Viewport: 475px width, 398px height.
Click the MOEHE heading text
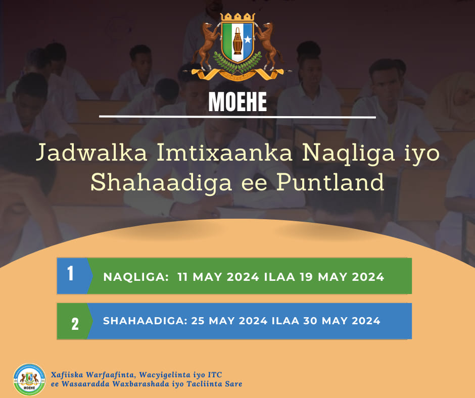(238, 102)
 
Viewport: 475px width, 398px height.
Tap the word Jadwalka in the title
(91, 153)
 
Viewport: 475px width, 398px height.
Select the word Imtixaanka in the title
(224, 153)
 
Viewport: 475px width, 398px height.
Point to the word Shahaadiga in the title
(161, 183)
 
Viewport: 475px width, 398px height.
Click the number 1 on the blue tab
(70, 273)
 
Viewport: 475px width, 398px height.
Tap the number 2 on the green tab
(75, 324)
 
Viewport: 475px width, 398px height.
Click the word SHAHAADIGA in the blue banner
(145, 321)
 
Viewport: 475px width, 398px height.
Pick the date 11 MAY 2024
(218, 277)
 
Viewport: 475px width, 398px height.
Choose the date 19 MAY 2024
(342, 277)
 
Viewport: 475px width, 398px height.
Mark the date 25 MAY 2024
(229, 321)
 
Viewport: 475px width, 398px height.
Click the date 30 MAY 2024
(342, 321)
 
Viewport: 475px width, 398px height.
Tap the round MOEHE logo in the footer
(29, 379)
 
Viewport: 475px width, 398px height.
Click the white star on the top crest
(248, 40)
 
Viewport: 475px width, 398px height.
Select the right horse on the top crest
(268, 45)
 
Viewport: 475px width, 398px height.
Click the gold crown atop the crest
(238, 17)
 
